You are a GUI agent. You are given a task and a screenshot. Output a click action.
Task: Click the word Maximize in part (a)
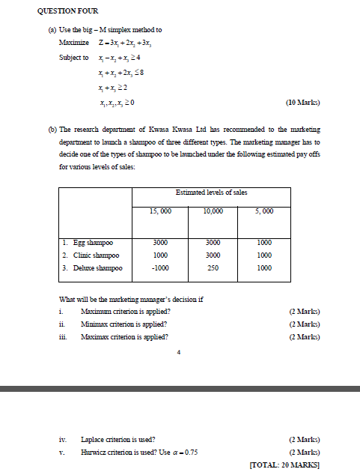tap(73, 42)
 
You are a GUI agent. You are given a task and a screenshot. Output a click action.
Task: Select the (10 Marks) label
tap(303, 102)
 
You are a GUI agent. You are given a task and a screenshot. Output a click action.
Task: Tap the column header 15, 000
tap(161, 211)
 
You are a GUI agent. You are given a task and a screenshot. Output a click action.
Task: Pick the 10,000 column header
tap(213, 211)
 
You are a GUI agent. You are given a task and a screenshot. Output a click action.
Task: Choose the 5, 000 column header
tap(263, 211)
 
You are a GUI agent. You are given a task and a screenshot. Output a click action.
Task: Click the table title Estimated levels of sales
tap(211, 193)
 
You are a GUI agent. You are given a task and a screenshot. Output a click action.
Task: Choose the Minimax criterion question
tap(123, 324)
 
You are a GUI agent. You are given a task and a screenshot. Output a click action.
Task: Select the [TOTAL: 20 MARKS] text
tap(284, 465)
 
